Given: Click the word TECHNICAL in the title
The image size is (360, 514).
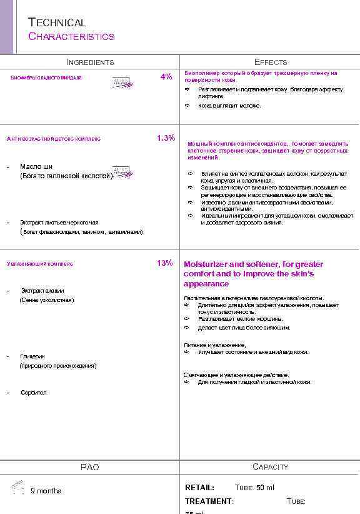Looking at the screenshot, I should (57, 23).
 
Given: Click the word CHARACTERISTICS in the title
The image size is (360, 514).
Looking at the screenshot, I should (71, 36).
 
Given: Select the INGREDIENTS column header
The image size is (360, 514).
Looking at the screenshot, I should (90, 62).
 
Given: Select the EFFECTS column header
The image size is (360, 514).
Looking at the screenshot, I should (271, 62).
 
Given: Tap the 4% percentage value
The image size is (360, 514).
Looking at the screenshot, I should (166, 77).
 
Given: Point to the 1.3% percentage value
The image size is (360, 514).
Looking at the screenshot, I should (166, 138).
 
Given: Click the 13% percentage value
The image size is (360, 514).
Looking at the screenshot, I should (165, 263).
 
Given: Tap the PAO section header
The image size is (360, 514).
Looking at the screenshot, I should (90, 467).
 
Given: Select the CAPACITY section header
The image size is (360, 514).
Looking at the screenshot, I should (271, 466).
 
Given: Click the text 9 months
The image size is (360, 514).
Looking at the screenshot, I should (46, 491).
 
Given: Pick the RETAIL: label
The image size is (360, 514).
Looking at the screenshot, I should (199, 488).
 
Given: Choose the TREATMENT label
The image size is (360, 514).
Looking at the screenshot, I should (208, 501).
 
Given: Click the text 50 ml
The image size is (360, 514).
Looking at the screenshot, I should (265, 488).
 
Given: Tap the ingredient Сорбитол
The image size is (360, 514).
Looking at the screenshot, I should (34, 393).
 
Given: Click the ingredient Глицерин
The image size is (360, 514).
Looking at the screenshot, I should (32, 356).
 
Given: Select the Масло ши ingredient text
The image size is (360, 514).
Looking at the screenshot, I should (36, 166).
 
